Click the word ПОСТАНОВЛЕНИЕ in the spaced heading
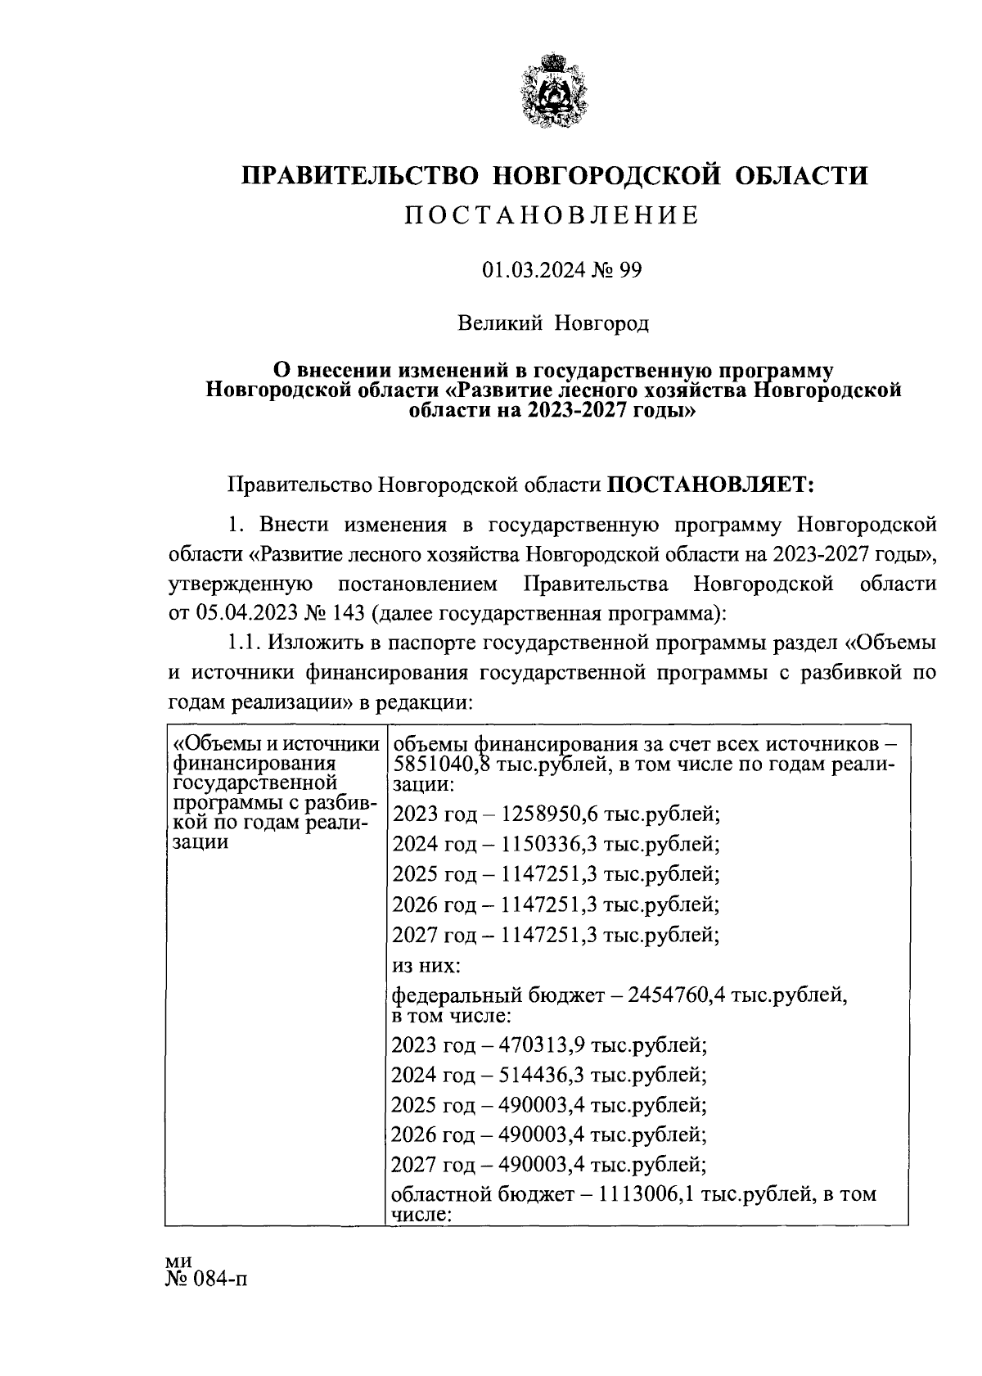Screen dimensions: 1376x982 pos(554,215)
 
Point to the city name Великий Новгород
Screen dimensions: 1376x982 pos(553,324)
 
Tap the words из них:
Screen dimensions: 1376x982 pos(426,967)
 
